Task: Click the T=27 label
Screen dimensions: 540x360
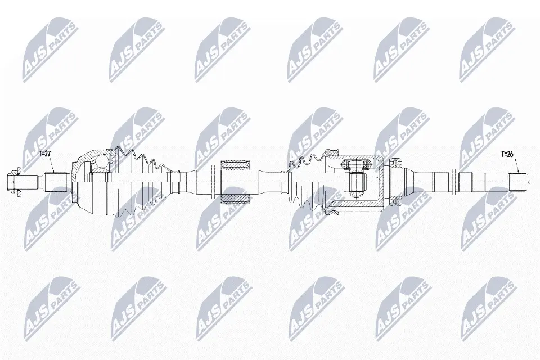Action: pyautogui.click(x=45, y=154)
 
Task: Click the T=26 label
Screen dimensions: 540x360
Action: pyautogui.click(x=507, y=154)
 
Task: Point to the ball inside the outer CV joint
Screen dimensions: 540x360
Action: pyautogui.click(x=101, y=162)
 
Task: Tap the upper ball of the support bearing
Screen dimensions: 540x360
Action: pyautogui.click(x=395, y=163)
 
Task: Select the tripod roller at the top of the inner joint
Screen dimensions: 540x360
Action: pyautogui.click(x=357, y=163)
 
